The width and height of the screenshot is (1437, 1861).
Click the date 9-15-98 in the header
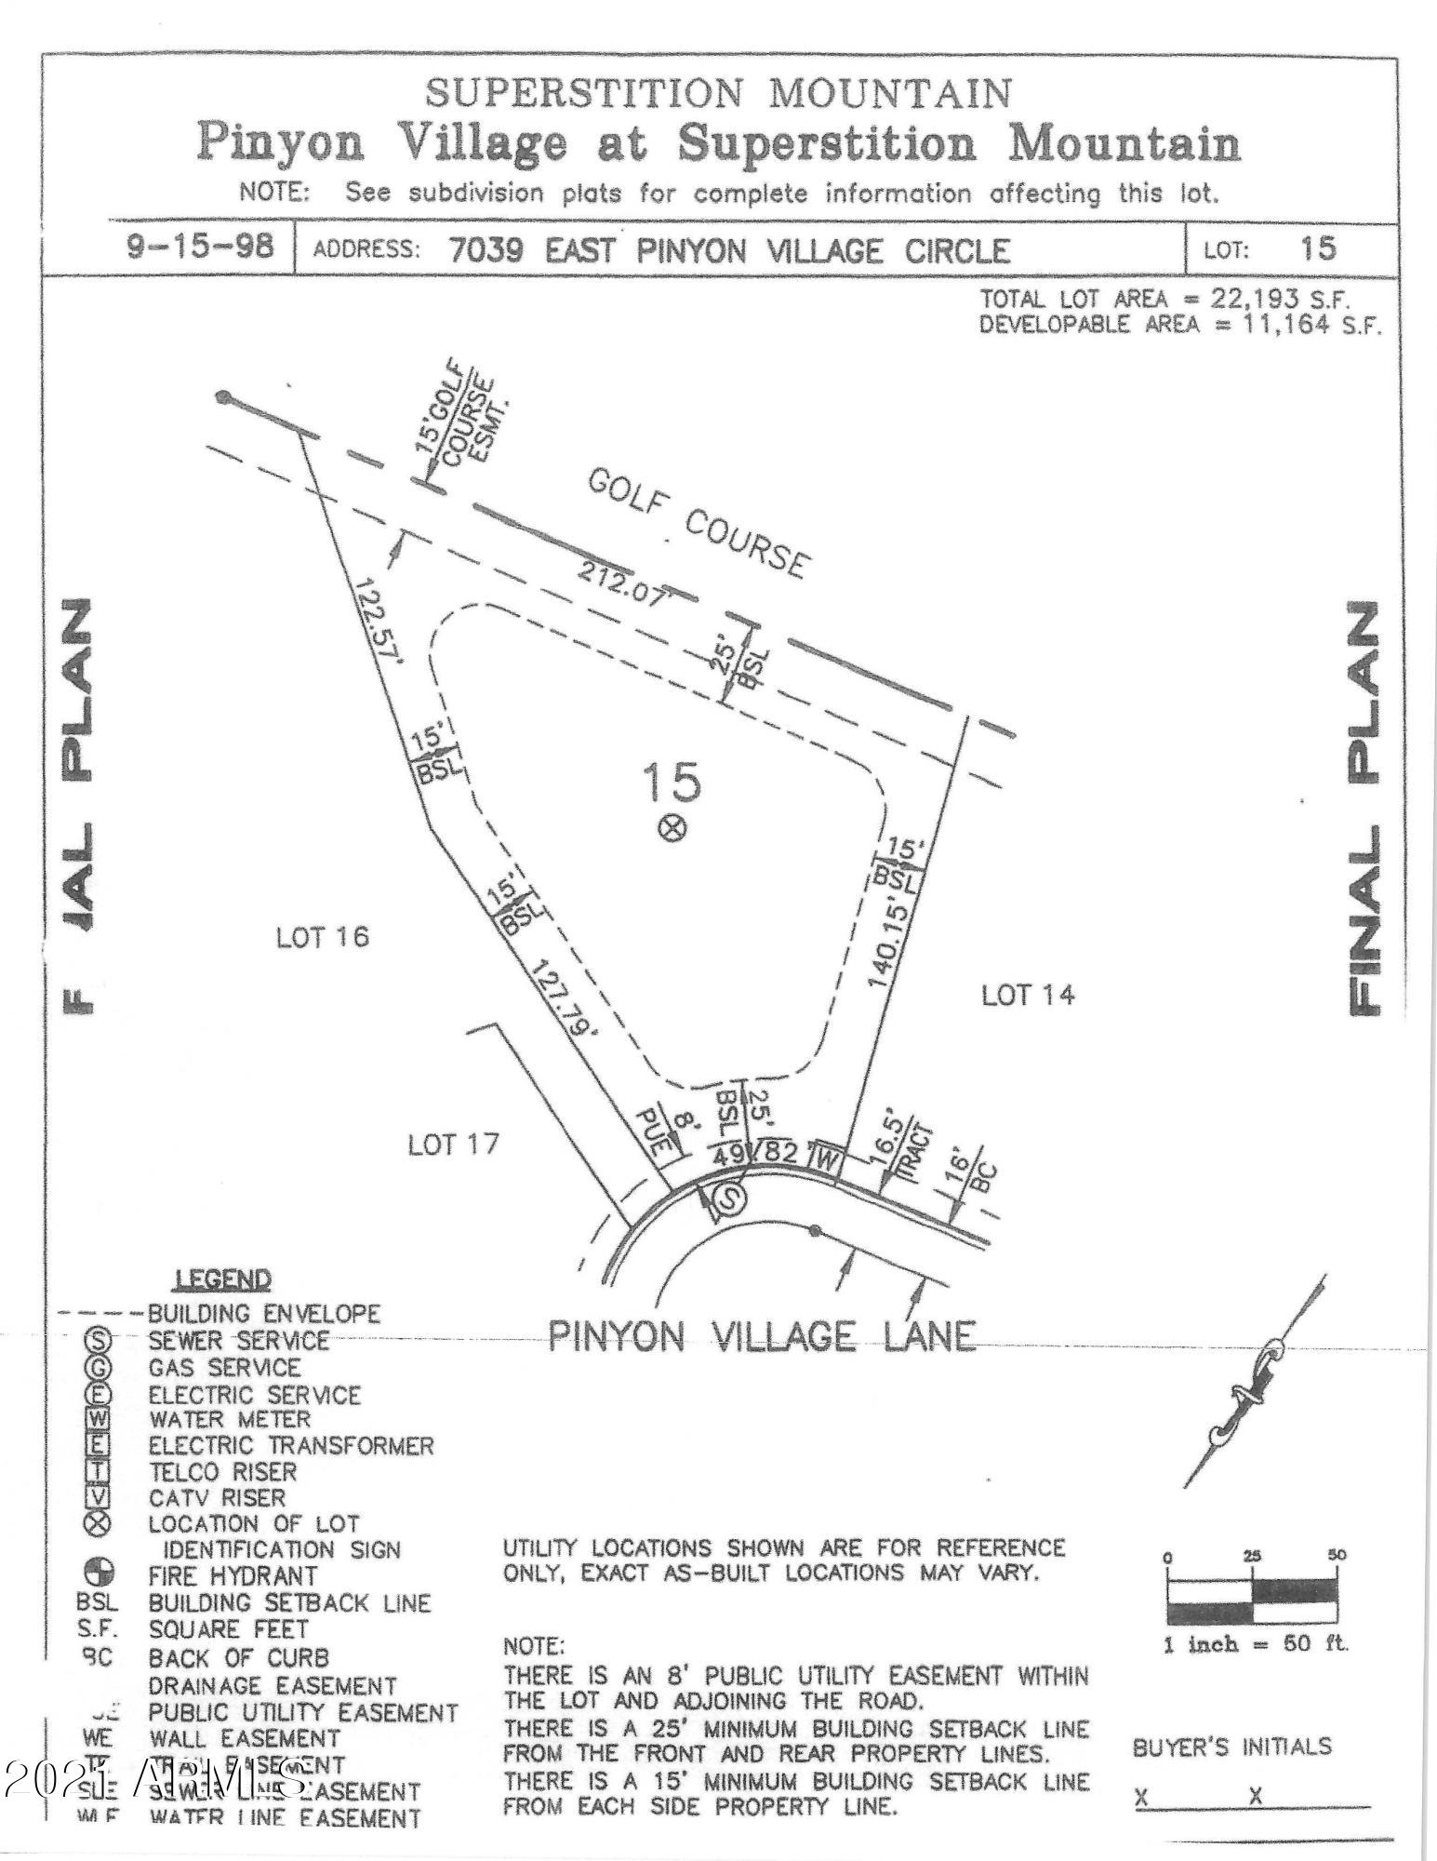(x=201, y=248)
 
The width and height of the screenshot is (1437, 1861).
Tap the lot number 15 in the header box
(x=1319, y=248)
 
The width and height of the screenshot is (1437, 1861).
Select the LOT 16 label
(x=323, y=937)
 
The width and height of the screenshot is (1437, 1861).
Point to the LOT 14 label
(x=1028, y=995)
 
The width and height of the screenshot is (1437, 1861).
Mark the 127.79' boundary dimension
(x=564, y=998)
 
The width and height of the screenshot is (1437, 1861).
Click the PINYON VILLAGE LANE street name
(x=762, y=1337)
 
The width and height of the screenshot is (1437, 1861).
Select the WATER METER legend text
(x=229, y=1419)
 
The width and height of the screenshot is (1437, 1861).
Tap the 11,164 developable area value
(x=1286, y=326)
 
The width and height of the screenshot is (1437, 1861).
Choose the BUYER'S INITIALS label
(x=1231, y=1747)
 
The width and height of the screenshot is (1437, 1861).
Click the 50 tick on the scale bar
(x=1337, y=1554)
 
